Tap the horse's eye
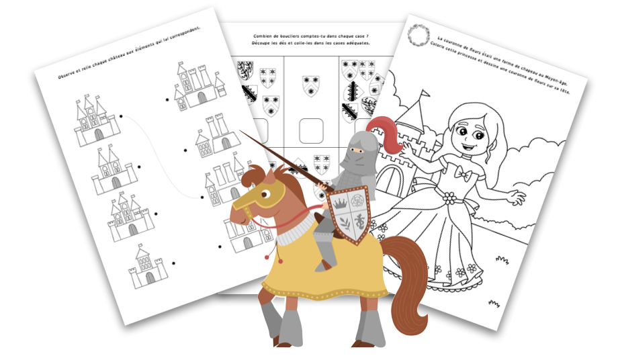tap(266, 194)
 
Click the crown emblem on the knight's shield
tap(339, 203)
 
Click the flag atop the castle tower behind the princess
tap(424, 94)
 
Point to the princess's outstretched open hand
tap(517, 195)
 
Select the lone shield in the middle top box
tap(311, 86)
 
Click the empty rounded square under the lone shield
tap(311, 131)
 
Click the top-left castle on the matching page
tap(97, 120)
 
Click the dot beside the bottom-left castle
tap(173, 263)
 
